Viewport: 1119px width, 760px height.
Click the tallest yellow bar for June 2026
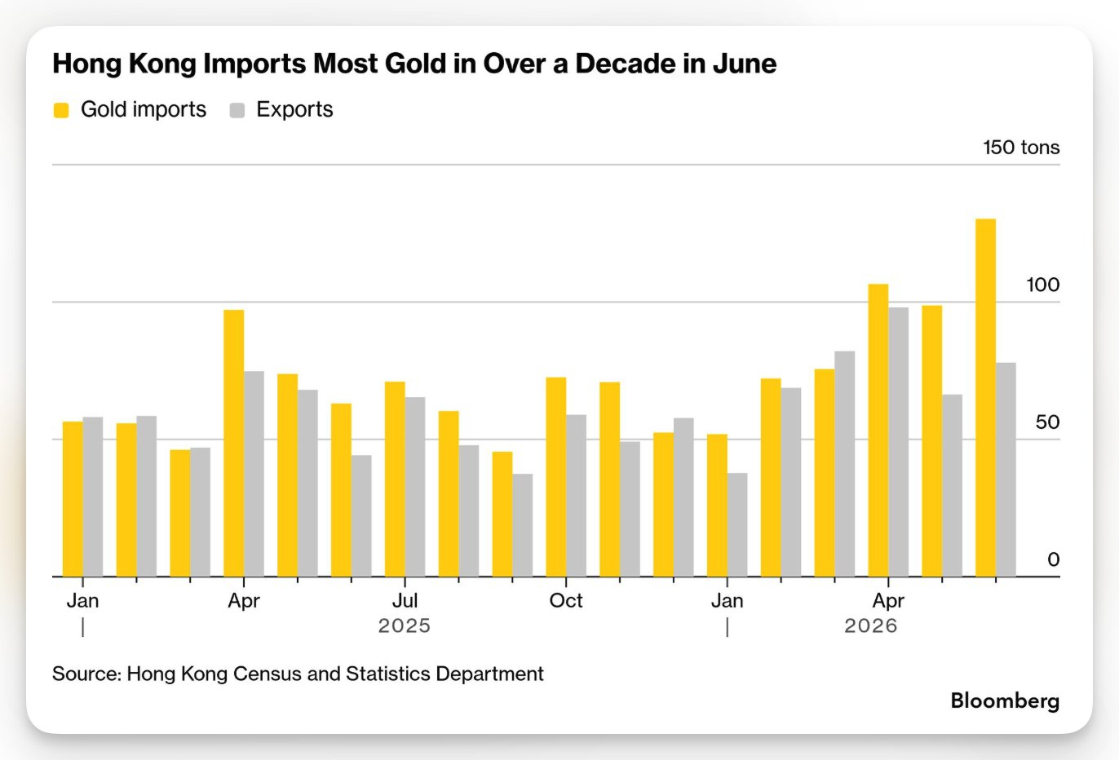click(x=985, y=397)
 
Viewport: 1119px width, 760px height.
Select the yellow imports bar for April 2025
click(x=234, y=444)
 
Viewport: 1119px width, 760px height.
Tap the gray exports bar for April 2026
click(x=898, y=442)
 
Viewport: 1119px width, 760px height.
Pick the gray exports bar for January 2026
click(x=737, y=525)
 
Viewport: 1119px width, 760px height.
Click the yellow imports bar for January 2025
click(x=73, y=499)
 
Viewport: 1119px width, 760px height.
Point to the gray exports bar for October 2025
click(x=576, y=495)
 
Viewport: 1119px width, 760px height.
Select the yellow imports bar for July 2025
click(x=395, y=479)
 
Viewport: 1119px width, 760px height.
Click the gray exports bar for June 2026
click(x=1006, y=470)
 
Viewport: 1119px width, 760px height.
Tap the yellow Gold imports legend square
click(x=61, y=110)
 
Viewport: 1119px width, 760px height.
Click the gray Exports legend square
click(x=237, y=110)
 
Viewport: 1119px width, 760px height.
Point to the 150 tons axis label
click(x=1021, y=148)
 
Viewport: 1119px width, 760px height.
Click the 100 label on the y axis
click(x=1042, y=285)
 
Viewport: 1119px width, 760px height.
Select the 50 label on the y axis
click(x=1047, y=422)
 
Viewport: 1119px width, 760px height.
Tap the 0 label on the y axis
click(x=1053, y=559)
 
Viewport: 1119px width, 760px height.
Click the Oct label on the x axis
click(x=565, y=600)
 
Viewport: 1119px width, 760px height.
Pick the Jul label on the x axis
click(x=405, y=600)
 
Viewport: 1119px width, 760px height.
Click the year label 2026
click(x=871, y=625)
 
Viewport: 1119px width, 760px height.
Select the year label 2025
click(x=405, y=625)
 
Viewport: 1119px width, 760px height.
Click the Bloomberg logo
click(x=1005, y=701)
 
